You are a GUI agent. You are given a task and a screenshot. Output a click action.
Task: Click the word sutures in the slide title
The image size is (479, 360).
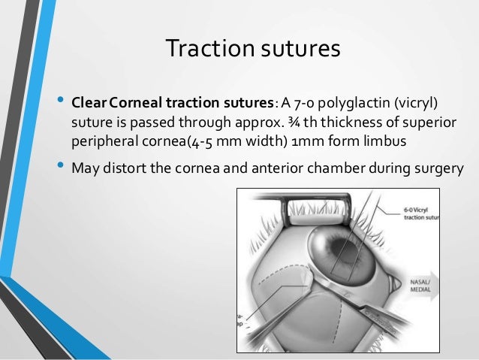click(304, 50)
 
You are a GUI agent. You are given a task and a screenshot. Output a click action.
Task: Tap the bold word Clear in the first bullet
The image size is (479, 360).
click(89, 102)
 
